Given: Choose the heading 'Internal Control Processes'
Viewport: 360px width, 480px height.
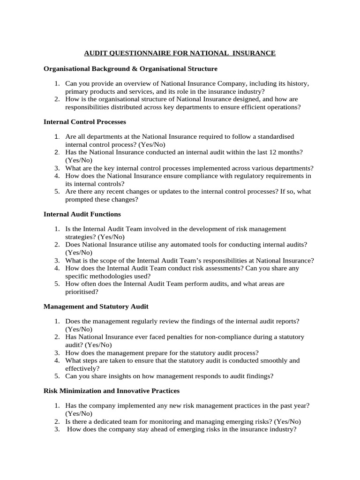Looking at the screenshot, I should tap(84, 121).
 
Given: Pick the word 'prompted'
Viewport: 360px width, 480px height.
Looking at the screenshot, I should tap(79, 199).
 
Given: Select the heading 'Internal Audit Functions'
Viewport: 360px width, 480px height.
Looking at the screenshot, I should tap(82, 214).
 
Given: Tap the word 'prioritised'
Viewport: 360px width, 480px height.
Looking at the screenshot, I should tap(82, 291).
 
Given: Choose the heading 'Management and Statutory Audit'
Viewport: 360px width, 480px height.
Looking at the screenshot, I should tap(96, 306).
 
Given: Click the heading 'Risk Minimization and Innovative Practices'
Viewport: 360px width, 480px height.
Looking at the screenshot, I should tap(112, 390).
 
